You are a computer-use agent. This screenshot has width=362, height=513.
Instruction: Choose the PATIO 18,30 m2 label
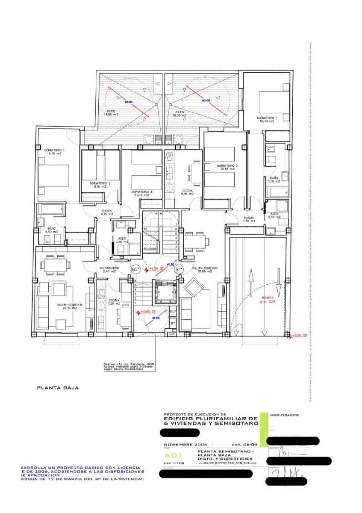(179, 113)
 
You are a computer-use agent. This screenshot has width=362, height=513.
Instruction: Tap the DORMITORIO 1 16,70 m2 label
(267, 119)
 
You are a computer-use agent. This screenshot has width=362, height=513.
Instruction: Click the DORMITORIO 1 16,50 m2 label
(54, 152)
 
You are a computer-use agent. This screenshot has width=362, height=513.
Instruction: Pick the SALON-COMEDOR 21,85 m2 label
(205, 270)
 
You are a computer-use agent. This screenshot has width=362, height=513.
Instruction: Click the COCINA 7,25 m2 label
(113, 302)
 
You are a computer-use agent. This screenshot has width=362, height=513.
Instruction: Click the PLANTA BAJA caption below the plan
(58, 388)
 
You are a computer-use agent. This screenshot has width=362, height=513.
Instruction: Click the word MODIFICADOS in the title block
(284, 415)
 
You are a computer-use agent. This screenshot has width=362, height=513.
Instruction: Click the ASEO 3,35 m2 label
(121, 241)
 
